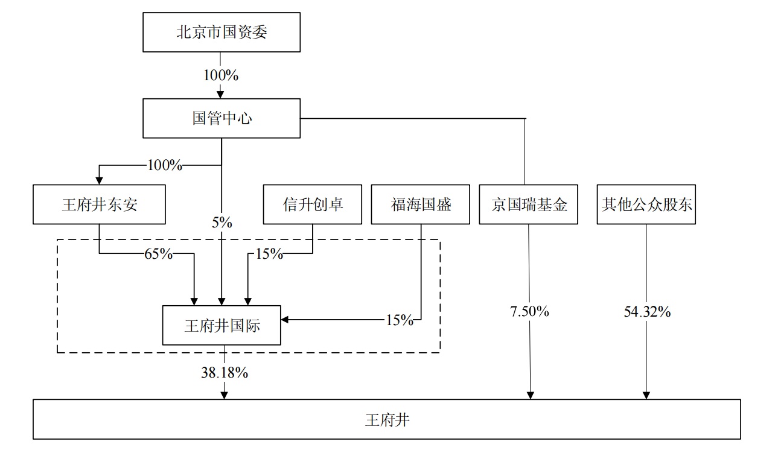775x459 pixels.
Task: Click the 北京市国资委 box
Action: (x=221, y=32)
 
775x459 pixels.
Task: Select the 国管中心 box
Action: (x=221, y=118)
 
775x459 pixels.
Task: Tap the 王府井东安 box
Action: (x=99, y=204)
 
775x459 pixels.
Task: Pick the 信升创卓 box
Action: (x=312, y=204)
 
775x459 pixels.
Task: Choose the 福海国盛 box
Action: (x=420, y=204)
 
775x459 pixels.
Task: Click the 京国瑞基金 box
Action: (x=529, y=204)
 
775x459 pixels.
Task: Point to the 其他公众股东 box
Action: (x=646, y=204)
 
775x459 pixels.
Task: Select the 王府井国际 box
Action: (x=222, y=326)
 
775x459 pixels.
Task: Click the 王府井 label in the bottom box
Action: (x=387, y=419)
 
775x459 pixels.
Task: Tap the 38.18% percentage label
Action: (x=225, y=373)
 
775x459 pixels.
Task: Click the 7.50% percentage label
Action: (x=530, y=312)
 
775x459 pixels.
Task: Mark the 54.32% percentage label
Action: (x=647, y=312)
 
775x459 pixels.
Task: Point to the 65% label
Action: (x=158, y=254)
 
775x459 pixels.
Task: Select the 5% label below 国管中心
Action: (x=222, y=223)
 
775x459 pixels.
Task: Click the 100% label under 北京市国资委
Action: (x=221, y=75)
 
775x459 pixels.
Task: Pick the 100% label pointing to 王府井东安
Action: (x=164, y=165)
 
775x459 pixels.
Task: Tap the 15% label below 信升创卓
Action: (x=269, y=254)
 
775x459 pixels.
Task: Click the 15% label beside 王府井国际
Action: (x=400, y=320)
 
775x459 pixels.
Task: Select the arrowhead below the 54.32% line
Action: (x=646, y=395)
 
